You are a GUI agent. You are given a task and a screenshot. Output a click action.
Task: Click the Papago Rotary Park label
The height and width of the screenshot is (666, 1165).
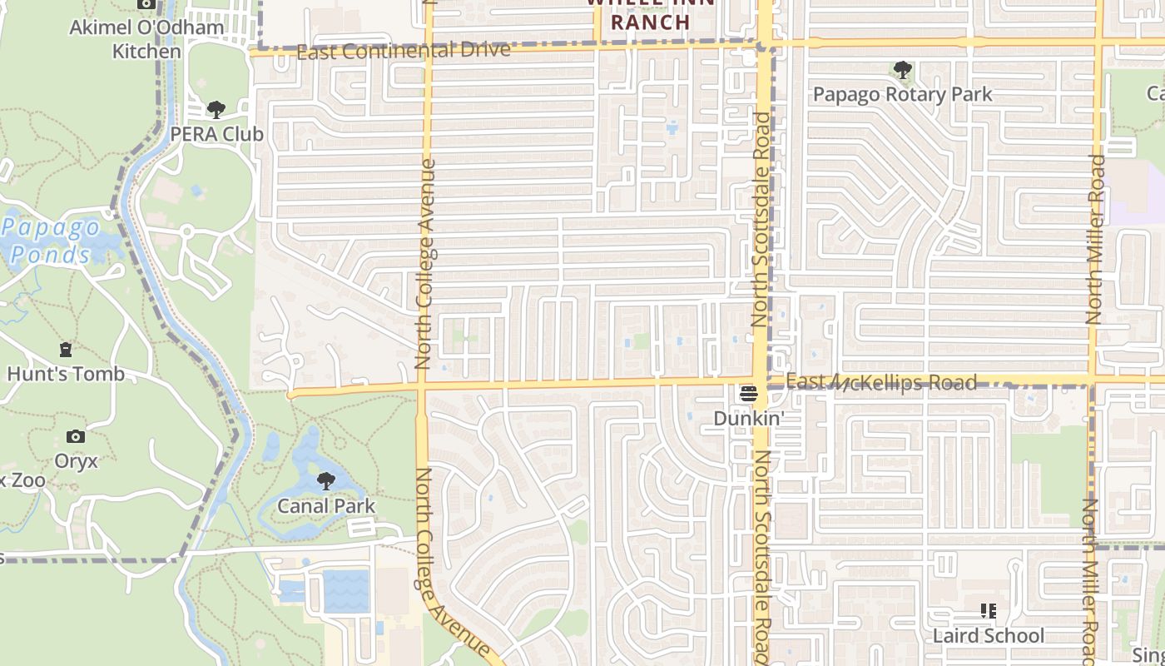(902, 94)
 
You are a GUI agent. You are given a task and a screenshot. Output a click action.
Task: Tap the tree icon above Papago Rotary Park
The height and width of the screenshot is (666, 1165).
(902, 70)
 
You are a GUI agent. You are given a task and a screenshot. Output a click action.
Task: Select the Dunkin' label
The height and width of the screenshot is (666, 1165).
(749, 418)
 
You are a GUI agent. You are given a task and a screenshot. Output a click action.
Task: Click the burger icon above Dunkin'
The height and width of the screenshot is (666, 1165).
(749, 393)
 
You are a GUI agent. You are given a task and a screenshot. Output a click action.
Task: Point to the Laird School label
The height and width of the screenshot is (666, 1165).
(988, 635)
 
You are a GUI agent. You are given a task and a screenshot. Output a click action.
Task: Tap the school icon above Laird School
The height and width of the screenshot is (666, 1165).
(988, 611)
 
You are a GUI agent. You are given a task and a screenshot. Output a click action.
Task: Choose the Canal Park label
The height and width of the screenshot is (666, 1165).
(326, 505)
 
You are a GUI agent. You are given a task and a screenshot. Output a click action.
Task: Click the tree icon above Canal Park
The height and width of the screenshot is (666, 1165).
(326, 481)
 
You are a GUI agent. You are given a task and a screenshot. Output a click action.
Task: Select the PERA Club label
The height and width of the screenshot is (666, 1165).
(216, 133)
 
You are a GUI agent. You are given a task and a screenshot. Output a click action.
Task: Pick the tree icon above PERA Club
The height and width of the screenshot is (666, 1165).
(216, 109)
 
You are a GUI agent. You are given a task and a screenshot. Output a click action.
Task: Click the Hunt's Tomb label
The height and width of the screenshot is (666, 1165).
(66, 374)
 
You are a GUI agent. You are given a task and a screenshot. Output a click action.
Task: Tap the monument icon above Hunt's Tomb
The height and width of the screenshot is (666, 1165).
(66, 350)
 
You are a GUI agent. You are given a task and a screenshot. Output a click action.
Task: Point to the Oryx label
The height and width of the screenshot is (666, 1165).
(76, 460)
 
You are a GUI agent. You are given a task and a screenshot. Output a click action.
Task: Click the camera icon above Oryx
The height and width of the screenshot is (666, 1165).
(76, 436)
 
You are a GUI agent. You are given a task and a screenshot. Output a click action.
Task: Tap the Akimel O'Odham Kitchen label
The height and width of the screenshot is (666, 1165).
(146, 38)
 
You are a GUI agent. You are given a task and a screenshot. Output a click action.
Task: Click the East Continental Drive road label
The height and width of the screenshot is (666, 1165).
(403, 52)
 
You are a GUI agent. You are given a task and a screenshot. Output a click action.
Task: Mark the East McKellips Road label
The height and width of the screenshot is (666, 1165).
(880, 382)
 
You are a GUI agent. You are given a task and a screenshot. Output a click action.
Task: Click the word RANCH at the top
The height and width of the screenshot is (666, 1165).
(651, 22)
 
